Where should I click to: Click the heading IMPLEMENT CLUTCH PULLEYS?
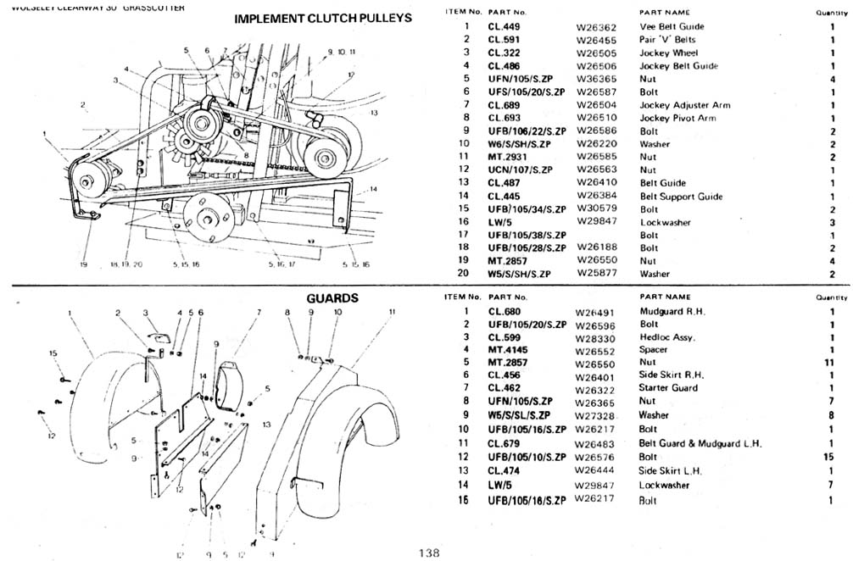tap(322, 18)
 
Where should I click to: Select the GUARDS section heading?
tap(332, 298)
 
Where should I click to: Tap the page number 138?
tap(428, 553)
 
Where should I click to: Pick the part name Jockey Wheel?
tap(669, 53)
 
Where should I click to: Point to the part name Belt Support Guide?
tap(681, 197)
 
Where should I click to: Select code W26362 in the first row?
tap(597, 27)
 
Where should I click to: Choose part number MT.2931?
tap(509, 157)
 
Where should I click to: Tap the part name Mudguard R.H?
tap(672, 311)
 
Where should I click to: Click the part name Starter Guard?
tap(668, 387)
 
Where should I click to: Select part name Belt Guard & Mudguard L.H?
tap(700, 443)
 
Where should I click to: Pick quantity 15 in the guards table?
tap(831, 457)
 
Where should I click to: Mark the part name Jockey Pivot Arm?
tap(677, 118)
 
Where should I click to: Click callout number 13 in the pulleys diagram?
tap(373, 113)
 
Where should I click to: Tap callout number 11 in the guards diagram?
tap(392, 312)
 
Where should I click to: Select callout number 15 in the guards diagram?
tap(53, 353)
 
